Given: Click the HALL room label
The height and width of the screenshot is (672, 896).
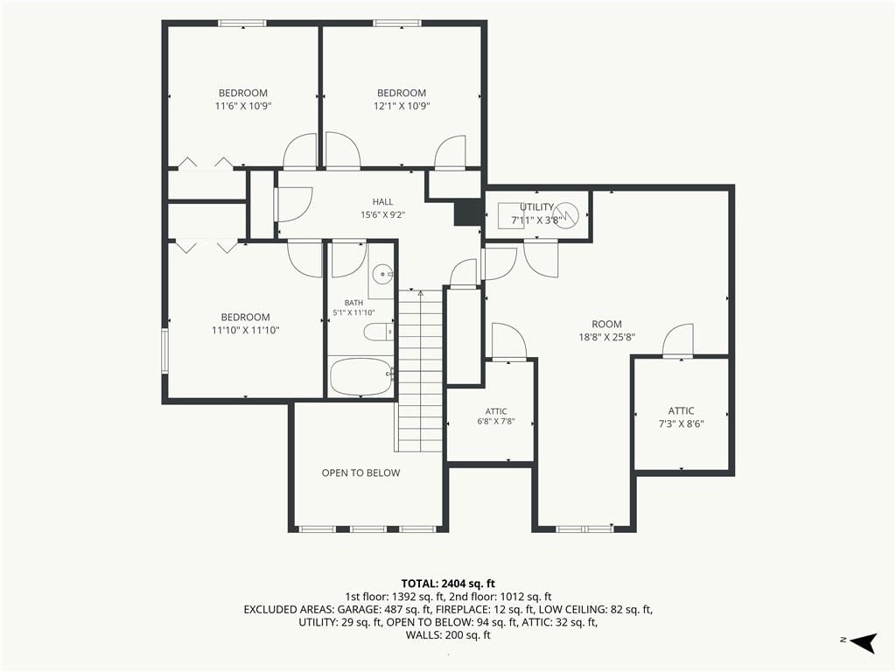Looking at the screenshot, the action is [383, 202].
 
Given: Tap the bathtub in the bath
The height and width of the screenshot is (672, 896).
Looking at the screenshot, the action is [361, 376].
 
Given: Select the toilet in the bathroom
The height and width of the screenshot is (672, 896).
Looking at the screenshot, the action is [379, 332].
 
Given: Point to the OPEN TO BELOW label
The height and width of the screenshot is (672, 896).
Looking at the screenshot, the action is [361, 472].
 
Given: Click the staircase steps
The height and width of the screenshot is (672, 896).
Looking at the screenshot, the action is [421, 371].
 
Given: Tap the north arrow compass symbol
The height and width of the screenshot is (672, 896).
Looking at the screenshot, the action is [862, 641].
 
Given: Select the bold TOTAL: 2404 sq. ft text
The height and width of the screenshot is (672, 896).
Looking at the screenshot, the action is [448, 584].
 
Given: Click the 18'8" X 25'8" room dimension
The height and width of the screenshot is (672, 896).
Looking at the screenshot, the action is [607, 337].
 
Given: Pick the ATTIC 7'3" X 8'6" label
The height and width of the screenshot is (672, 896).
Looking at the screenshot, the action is [681, 417].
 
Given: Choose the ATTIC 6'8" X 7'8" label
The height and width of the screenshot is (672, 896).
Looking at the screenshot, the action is [496, 416].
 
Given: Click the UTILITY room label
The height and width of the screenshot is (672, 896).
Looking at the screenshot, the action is [536, 206].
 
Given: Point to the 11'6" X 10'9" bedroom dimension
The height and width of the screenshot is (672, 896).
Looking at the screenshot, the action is [243, 106].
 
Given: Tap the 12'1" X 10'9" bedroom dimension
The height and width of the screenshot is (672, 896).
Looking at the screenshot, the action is [402, 106].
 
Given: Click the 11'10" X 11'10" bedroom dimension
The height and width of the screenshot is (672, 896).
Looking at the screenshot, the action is [246, 330].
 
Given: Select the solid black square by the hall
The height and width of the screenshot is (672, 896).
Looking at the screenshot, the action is [466, 213].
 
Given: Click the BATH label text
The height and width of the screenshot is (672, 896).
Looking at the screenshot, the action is [353, 302].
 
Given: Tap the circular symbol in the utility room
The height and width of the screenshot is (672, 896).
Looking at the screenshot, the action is [566, 214].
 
